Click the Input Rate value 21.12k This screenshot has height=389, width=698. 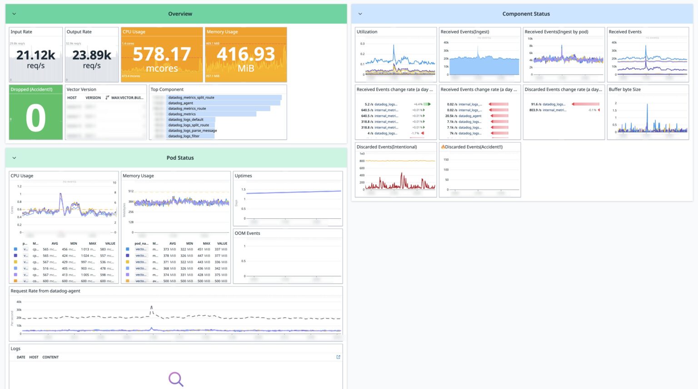[x=35, y=55]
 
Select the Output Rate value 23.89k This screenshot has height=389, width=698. [x=91, y=55]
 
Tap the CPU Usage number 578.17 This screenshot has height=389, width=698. [x=162, y=54]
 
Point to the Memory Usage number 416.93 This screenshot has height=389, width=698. [x=246, y=54]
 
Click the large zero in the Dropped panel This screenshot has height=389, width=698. [x=35, y=118]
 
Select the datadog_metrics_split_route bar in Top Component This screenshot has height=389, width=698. [x=191, y=98]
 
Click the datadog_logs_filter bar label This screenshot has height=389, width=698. [x=184, y=136]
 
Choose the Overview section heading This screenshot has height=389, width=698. [x=180, y=14]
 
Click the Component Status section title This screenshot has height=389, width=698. [x=526, y=14]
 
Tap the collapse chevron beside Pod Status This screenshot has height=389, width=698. [x=14, y=158]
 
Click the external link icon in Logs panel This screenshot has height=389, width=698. [x=338, y=357]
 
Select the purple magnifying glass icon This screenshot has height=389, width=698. [x=175, y=379]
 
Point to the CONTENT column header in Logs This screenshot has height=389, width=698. [x=50, y=357]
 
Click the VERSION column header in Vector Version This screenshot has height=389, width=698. [x=93, y=98]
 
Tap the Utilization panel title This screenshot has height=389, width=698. [x=367, y=32]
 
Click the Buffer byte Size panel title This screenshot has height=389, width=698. [x=624, y=89]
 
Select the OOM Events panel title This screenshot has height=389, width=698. [x=247, y=233]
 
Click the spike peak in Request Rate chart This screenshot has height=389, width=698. [x=151, y=307]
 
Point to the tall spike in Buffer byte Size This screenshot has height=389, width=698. [x=647, y=105]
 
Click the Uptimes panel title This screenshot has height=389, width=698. [x=243, y=176]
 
